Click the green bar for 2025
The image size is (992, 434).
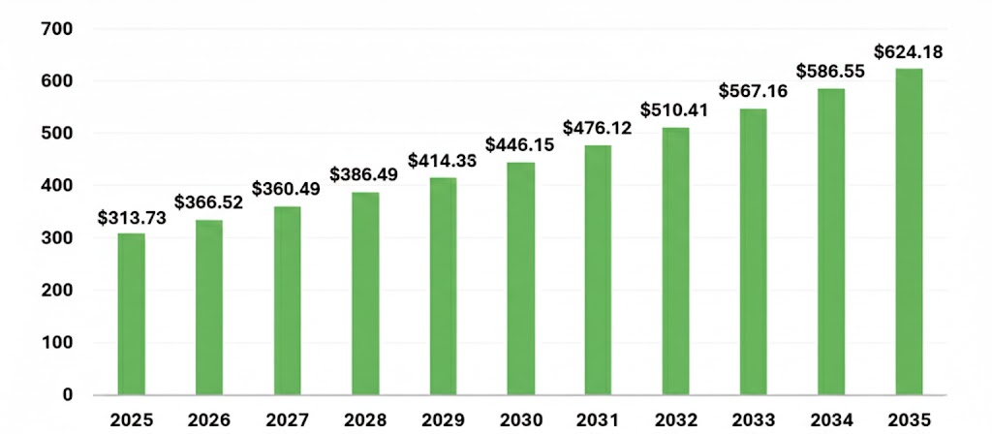(x=132, y=314)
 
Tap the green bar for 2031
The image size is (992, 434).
(x=598, y=270)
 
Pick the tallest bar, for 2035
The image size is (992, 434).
(x=909, y=232)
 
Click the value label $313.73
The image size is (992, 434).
(x=132, y=218)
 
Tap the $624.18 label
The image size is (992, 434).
(x=909, y=51)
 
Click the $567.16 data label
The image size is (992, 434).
(x=754, y=91)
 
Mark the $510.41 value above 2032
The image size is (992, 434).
(x=676, y=109)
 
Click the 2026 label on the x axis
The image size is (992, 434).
(x=209, y=419)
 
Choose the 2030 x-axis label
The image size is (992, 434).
(x=520, y=419)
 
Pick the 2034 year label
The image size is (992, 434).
(x=831, y=419)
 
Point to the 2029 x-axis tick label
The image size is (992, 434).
(x=443, y=419)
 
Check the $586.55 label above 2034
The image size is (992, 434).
(x=831, y=72)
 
